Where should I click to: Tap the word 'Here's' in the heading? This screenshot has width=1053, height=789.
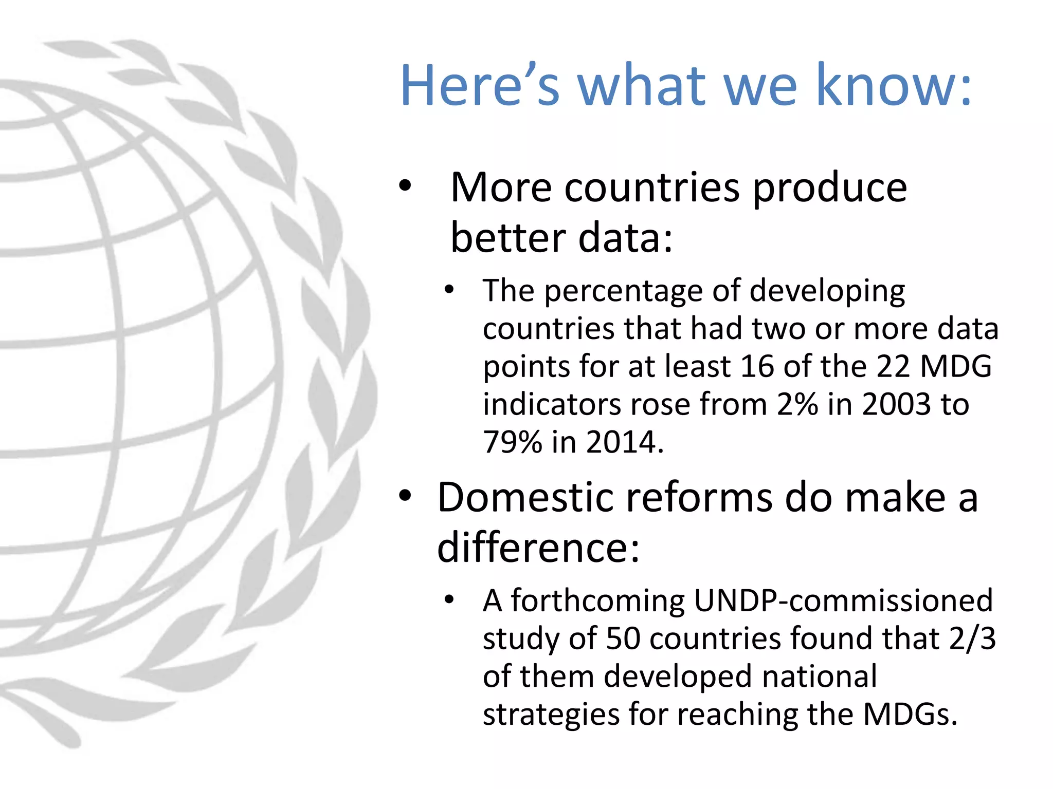pyautogui.click(x=479, y=85)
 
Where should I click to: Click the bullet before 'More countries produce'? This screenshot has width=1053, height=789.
pyautogui.click(x=405, y=186)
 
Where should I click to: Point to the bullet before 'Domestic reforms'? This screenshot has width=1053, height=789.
pyautogui.click(x=405, y=496)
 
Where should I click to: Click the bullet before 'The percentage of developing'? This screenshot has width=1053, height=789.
pyautogui.click(x=449, y=290)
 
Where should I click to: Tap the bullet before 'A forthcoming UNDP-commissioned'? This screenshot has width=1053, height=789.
pyautogui.click(x=449, y=599)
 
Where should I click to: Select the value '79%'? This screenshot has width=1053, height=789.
pyautogui.click(x=513, y=442)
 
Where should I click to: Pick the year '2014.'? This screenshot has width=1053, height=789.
pyautogui.click(x=625, y=442)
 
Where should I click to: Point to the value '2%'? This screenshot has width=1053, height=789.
pyautogui.click(x=797, y=404)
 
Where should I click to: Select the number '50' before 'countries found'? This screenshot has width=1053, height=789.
pyautogui.click(x=623, y=638)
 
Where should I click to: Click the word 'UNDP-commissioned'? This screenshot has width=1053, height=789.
pyautogui.click(x=843, y=600)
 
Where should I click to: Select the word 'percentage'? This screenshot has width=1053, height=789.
pyautogui.click(x=623, y=291)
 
